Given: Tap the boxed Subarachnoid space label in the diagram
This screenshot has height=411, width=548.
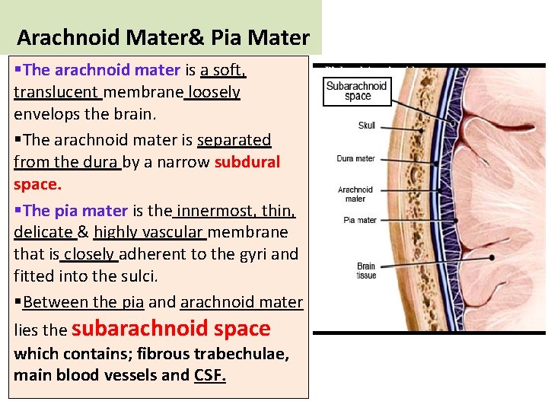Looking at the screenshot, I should pos(357,91).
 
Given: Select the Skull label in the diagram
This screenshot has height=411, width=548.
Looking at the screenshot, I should pos(366,125).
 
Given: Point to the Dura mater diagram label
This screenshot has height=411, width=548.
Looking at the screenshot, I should pos(355,159).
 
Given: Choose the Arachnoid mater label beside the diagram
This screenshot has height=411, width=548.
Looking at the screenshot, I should pos(355,194).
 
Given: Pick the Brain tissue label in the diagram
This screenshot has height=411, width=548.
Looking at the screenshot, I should pos(366,271).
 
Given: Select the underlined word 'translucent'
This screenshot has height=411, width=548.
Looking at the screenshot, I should pos(56,92).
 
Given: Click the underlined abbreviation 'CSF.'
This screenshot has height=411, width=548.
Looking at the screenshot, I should pos(210,374).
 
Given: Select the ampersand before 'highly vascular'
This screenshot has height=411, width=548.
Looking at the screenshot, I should pos(83,232).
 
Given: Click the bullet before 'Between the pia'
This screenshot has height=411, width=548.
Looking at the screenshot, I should pos(18,302).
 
